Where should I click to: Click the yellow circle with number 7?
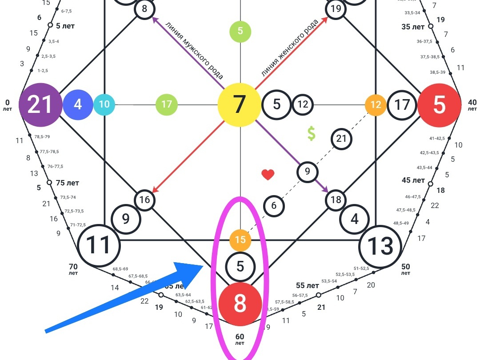(x=239, y=105)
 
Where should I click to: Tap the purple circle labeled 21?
(x=40, y=105)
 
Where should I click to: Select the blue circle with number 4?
(x=78, y=105)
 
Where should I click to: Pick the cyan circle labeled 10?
(x=104, y=105)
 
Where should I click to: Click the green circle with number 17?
(x=167, y=105)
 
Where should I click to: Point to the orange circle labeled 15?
(x=240, y=240)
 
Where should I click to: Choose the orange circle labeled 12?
(x=376, y=105)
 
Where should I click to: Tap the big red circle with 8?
(x=240, y=304)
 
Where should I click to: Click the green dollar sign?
(x=311, y=133)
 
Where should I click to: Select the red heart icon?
(x=268, y=175)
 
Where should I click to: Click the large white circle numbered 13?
(x=381, y=246)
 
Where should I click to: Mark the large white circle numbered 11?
(x=99, y=245)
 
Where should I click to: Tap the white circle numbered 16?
(x=145, y=200)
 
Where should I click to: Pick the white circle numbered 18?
(x=336, y=200)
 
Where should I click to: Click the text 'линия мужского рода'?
(x=194, y=48)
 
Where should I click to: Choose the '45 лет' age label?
(x=413, y=180)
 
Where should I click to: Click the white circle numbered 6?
(x=274, y=206)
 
